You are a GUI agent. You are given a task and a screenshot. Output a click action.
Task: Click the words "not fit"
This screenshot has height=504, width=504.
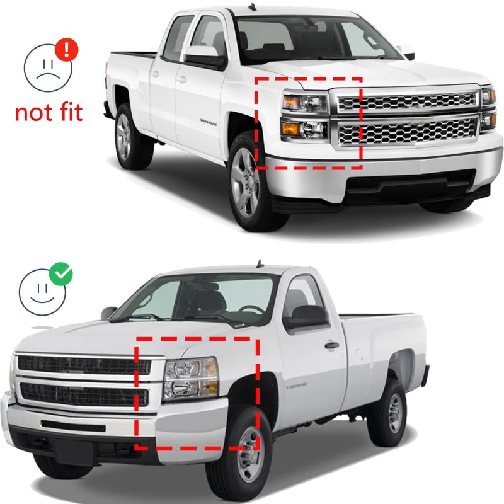pos(49,113)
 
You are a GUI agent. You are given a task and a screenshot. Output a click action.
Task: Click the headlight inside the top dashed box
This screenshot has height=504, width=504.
pos(305,115)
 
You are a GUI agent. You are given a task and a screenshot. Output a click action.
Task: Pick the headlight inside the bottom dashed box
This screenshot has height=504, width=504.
pos(190,378)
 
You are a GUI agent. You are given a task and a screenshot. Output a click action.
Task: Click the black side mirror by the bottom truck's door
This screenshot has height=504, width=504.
pos(306,316)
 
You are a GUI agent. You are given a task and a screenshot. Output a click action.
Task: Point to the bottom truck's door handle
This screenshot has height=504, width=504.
pos(331,345)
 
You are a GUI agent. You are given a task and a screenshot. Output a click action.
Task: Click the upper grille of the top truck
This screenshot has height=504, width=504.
pos(407,101)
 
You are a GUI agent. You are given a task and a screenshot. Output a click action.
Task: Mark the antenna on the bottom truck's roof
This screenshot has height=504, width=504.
pos(258,263)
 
